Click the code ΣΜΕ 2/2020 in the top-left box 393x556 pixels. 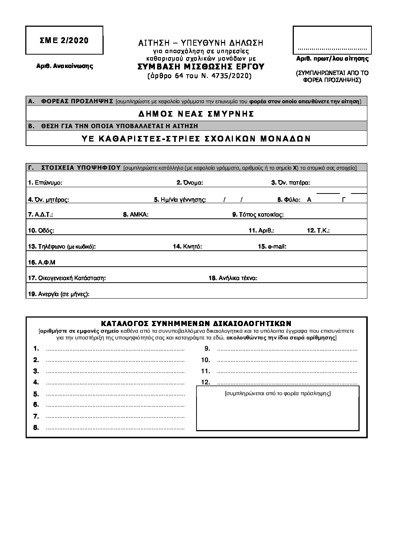tap(64, 40)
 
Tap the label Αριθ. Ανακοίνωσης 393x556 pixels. tap(64, 66)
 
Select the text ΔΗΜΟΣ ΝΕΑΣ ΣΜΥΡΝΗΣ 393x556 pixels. tap(196, 114)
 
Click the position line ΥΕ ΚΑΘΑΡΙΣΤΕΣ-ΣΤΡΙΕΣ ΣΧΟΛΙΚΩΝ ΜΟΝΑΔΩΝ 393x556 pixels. tap(196, 139)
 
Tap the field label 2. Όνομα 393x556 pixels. tap(189, 183)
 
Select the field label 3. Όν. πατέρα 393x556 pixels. tap(290, 183)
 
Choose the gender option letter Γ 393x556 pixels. tap(344, 199)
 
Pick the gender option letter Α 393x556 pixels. tap(309, 199)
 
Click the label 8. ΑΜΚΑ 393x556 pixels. tap(136, 215)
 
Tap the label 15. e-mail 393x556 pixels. tap(272, 247)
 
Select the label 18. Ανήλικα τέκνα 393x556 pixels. tap(233, 278)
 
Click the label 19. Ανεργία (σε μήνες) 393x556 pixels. tap(59, 294)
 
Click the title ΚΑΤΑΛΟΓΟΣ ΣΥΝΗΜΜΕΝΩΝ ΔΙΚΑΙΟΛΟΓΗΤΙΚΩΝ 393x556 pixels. tap(196, 323)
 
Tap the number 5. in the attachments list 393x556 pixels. tap(36, 394)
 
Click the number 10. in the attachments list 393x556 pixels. tap(205, 360)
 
